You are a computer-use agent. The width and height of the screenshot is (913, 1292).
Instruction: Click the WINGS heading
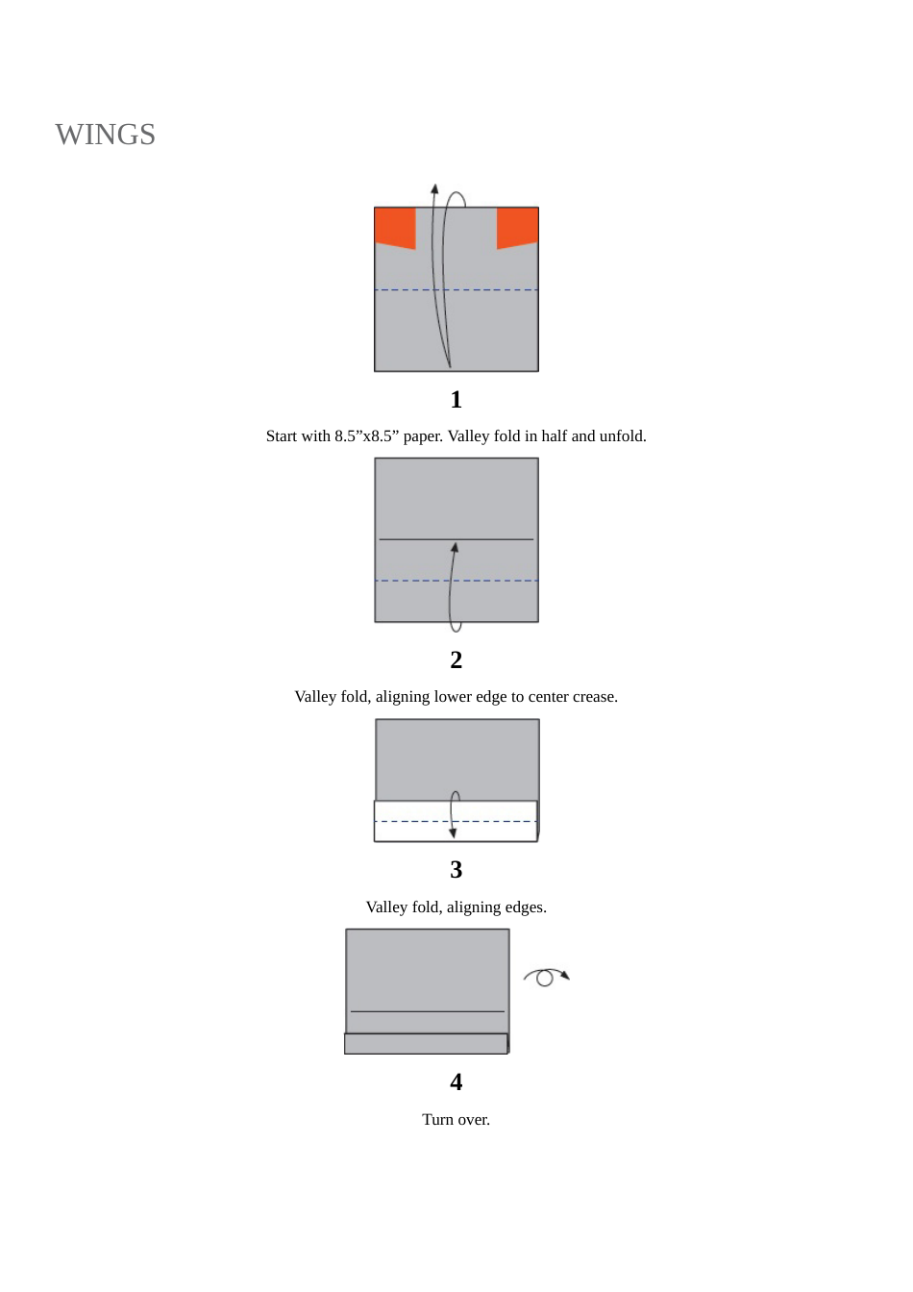(105, 135)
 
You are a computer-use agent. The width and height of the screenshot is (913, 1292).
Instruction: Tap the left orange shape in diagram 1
(394, 227)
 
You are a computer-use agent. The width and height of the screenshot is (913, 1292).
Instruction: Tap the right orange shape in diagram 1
(518, 227)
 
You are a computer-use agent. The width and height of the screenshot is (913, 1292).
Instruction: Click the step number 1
(456, 399)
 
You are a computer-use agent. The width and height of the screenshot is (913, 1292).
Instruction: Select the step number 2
(456, 659)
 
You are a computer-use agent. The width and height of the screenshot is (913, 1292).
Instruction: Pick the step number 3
(456, 869)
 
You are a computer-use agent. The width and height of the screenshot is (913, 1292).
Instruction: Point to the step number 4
(456, 1081)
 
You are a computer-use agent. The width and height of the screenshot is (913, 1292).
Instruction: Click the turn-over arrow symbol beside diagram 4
(546, 977)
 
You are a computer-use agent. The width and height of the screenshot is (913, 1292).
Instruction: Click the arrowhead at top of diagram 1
(434, 189)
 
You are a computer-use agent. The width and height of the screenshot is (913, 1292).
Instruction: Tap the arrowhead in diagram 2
(455, 547)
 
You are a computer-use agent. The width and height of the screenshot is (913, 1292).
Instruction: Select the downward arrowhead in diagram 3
(453, 832)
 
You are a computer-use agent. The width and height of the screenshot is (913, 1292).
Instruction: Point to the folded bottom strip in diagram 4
(426, 1043)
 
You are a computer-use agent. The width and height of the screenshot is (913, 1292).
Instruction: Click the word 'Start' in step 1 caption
(283, 436)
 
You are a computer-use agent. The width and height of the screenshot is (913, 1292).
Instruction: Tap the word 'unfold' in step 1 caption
(622, 436)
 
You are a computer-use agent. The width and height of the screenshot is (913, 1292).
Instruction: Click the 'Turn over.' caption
(456, 1120)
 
